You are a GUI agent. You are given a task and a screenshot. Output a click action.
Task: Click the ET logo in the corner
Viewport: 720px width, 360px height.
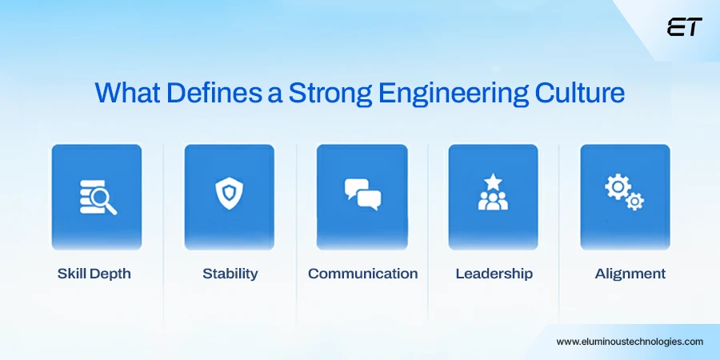click(x=684, y=27)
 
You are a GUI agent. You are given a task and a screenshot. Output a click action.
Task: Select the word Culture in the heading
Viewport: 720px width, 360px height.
click(x=579, y=93)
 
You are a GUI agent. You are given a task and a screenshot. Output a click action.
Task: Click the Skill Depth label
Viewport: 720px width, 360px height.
click(x=94, y=274)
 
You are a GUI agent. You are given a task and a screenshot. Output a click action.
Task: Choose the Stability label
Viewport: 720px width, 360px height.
click(x=230, y=274)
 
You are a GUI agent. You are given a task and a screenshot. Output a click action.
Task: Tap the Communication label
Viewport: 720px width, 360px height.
click(x=362, y=274)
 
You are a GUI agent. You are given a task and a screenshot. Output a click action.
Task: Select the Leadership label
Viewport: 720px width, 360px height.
click(x=494, y=274)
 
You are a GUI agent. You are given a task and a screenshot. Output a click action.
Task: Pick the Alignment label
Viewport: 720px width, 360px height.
click(x=630, y=274)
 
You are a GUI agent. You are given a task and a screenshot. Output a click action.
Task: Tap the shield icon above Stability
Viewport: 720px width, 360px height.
click(x=229, y=194)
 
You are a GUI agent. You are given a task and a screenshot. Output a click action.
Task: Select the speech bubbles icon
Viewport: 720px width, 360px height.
click(x=362, y=194)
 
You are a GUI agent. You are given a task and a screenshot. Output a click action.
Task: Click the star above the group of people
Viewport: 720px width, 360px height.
click(x=493, y=181)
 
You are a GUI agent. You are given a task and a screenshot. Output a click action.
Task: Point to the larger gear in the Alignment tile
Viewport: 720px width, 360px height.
click(x=616, y=186)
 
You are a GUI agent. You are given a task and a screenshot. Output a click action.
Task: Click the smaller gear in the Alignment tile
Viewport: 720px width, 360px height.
click(x=635, y=202)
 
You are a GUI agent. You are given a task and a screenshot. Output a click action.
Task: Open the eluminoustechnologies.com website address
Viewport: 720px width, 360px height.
click(x=630, y=342)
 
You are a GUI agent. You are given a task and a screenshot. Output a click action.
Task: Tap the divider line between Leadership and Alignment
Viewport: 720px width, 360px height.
click(x=559, y=234)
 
